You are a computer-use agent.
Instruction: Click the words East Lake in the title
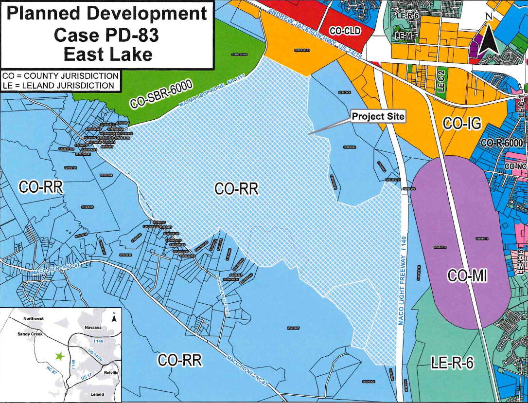tap(107, 54)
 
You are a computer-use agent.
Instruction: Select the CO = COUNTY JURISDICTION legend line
tap(60, 76)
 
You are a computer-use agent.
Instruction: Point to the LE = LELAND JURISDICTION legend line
tap(58, 86)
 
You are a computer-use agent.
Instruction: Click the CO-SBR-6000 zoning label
tap(162, 94)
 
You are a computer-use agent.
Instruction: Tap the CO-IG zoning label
tap(462, 124)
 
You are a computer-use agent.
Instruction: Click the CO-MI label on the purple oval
tap(467, 276)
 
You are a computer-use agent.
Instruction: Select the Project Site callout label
tap(378, 117)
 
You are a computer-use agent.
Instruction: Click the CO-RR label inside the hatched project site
tap(236, 189)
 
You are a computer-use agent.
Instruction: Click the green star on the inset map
tap(60, 356)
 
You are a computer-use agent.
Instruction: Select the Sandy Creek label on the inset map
tap(30, 334)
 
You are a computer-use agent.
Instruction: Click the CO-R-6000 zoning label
tap(501, 143)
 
